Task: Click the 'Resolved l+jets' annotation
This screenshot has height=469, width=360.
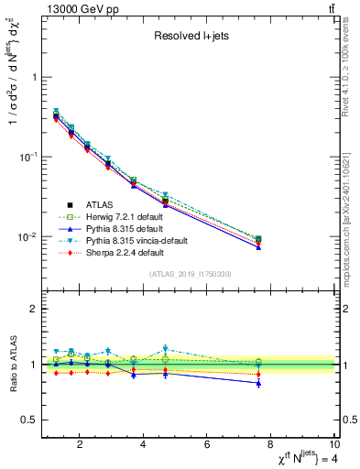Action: (191, 36)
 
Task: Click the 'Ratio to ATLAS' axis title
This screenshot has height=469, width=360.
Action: (14, 365)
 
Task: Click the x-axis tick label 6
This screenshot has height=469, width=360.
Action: (208, 446)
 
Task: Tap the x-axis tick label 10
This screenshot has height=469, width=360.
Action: (334, 446)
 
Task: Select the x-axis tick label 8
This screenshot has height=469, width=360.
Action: (271, 446)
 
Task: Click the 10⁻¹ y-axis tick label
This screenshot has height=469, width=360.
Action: (26, 157)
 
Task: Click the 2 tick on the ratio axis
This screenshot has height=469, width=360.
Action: (33, 309)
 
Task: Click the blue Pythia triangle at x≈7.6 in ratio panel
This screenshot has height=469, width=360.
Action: (258, 383)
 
